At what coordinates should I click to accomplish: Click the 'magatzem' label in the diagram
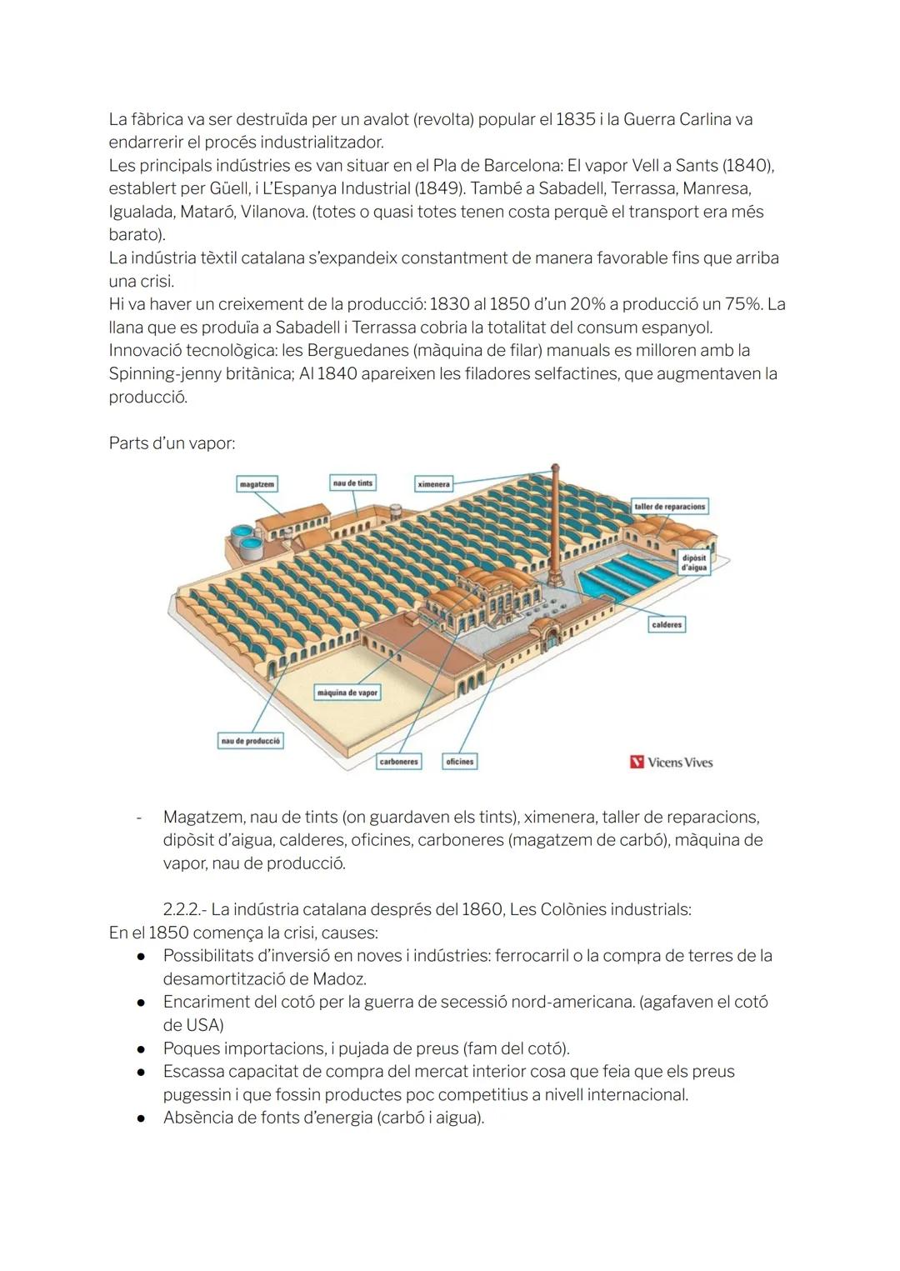pyautogui.click(x=257, y=484)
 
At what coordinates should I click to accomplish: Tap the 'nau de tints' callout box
pyautogui.click(x=352, y=483)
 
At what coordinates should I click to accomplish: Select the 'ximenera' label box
pyautogui.click(x=433, y=483)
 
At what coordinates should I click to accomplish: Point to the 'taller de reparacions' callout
pyautogui.click(x=669, y=507)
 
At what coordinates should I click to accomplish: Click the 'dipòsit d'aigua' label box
pyautogui.click(x=693, y=563)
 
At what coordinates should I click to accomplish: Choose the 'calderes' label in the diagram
pyautogui.click(x=667, y=624)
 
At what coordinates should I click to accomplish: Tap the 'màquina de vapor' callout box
pyautogui.click(x=347, y=693)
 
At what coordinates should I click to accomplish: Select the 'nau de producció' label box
pyautogui.click(x=250, y=741)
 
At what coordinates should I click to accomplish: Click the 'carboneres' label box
pyautogui.click(x=398, y=762)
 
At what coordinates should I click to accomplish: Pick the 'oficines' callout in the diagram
pyautogui.click(x=459, y=762)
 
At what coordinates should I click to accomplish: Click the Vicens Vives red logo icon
pyautogui.click(x=637, y=762)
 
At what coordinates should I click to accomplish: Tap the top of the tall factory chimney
pyautogui.click(x=555, y=469)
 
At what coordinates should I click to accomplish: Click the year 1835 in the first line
pyautogui.click(x=575, y=119)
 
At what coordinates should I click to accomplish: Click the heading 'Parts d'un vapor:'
pyautogui.click(x=172, y=443)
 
